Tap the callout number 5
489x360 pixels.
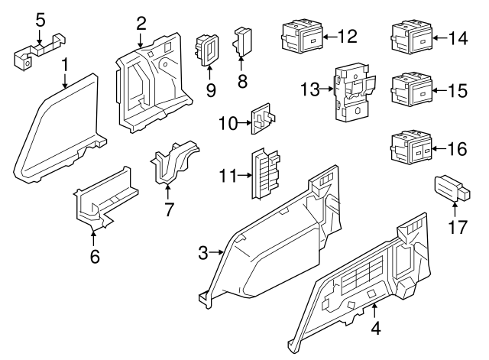tap(40, 18)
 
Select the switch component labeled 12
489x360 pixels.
tap(299, 37)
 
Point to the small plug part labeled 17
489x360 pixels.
tap(450, 187)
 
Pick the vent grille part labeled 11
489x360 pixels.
tap(263, 174)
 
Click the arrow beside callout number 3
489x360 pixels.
tap(217, 251)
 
